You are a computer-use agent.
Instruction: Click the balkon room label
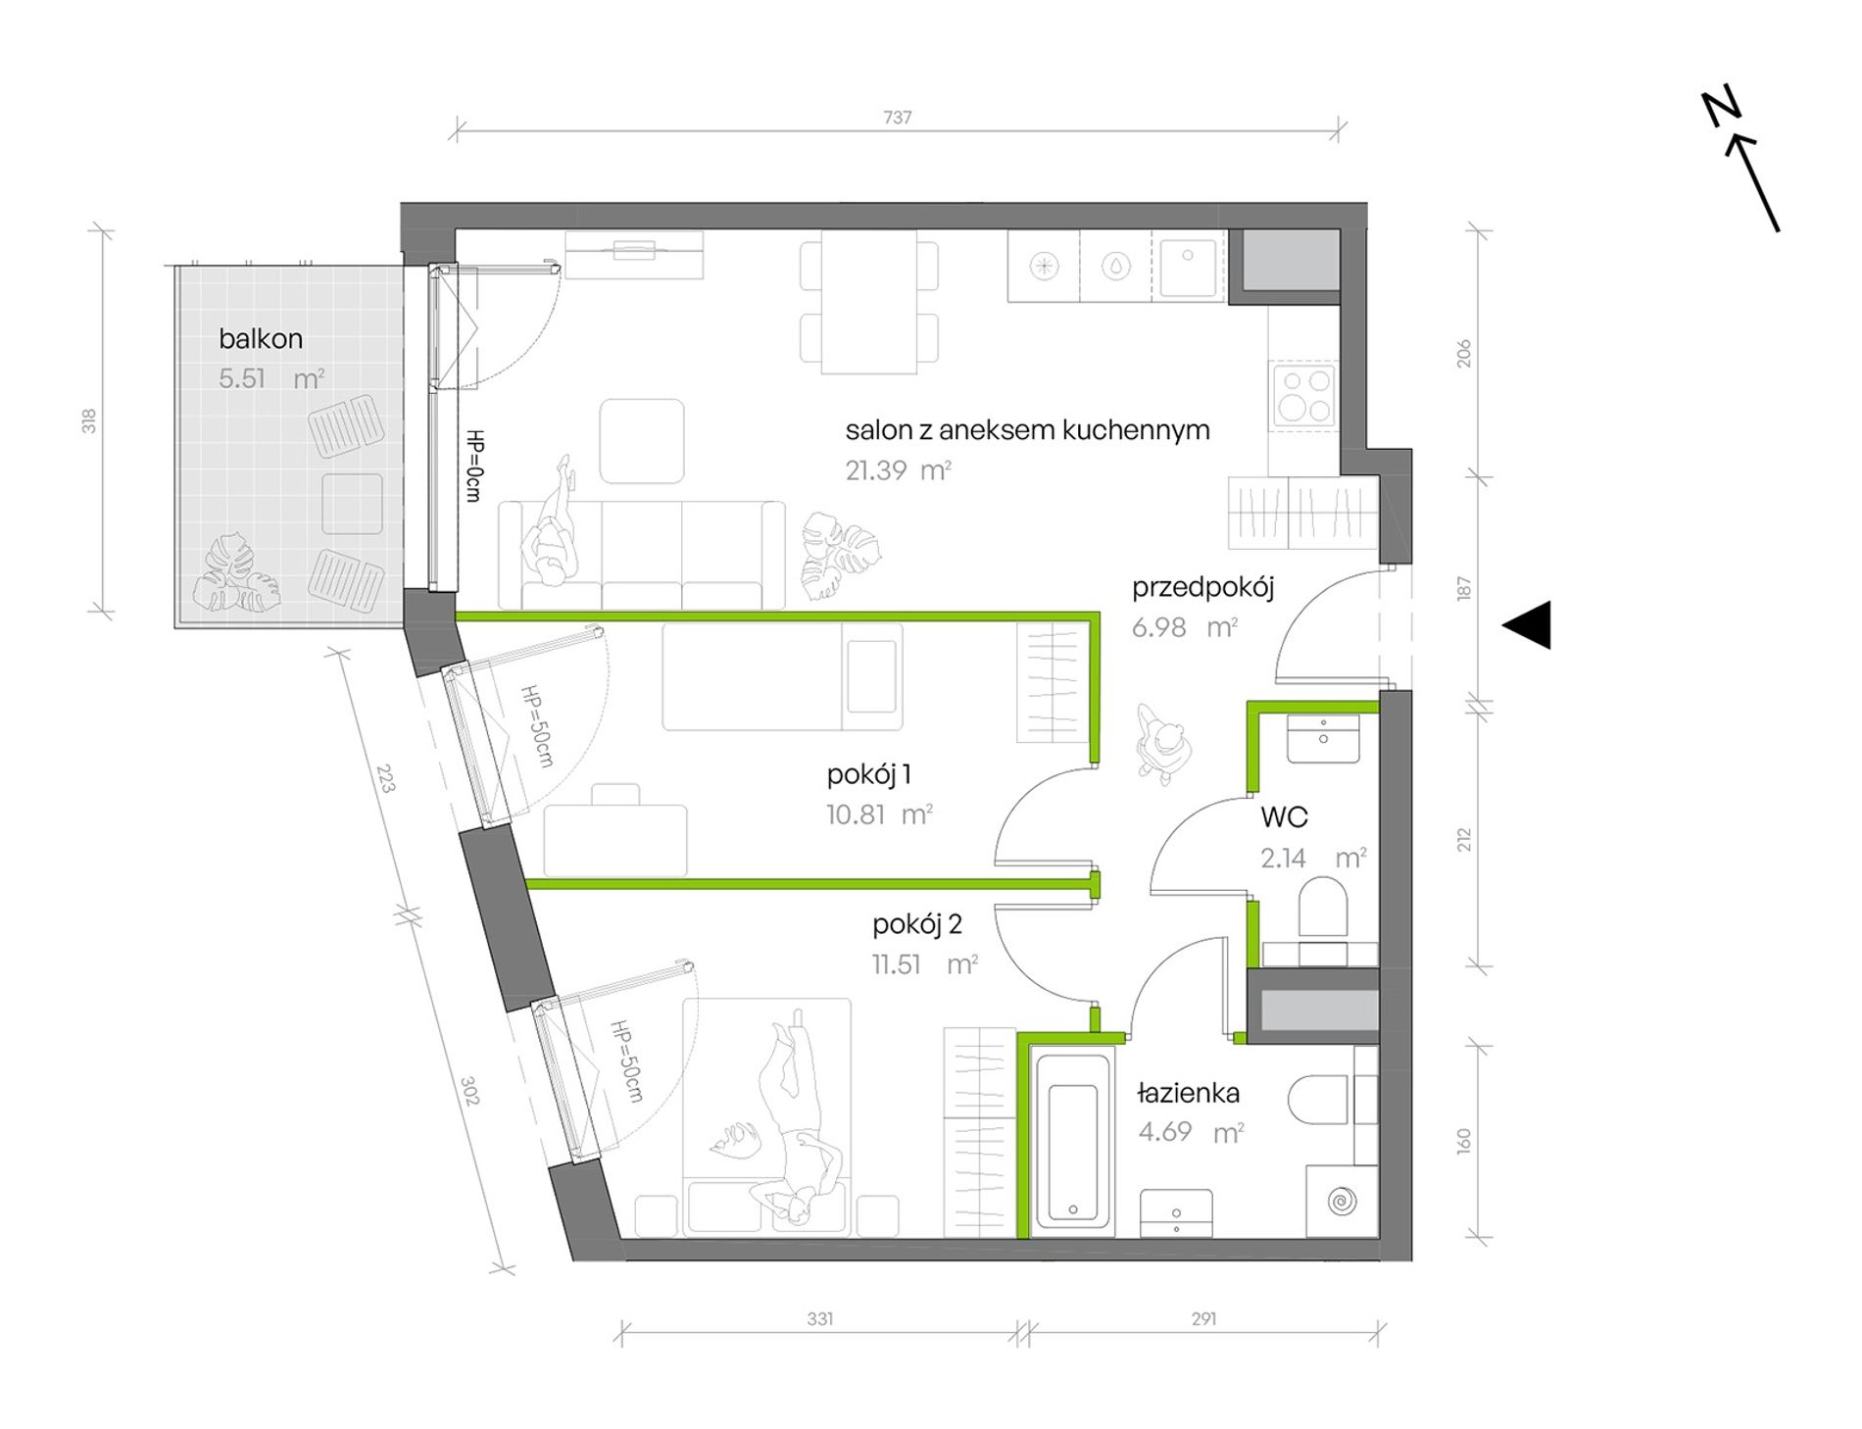(261, 339)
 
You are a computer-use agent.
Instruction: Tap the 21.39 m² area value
(899, 470)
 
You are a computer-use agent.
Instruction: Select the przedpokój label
(1202, 588)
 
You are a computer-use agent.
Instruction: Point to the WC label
(1284, 816)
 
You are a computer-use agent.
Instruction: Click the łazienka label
(1189, 1093)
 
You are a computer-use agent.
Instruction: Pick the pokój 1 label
(869, 775)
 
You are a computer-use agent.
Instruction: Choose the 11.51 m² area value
(925, 964)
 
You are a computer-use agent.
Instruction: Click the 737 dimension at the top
(898, 118)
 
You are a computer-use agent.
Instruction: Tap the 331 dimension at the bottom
(820, 1319)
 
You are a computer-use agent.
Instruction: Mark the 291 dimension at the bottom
(1203, 1319)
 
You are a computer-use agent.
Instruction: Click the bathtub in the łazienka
(1073, 1141)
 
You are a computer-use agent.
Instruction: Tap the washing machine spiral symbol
(1341, 1201)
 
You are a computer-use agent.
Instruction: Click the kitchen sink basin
(1189, 266)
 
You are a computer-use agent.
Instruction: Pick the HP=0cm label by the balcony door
(474, 467)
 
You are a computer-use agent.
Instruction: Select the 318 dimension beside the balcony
(89, 421)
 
